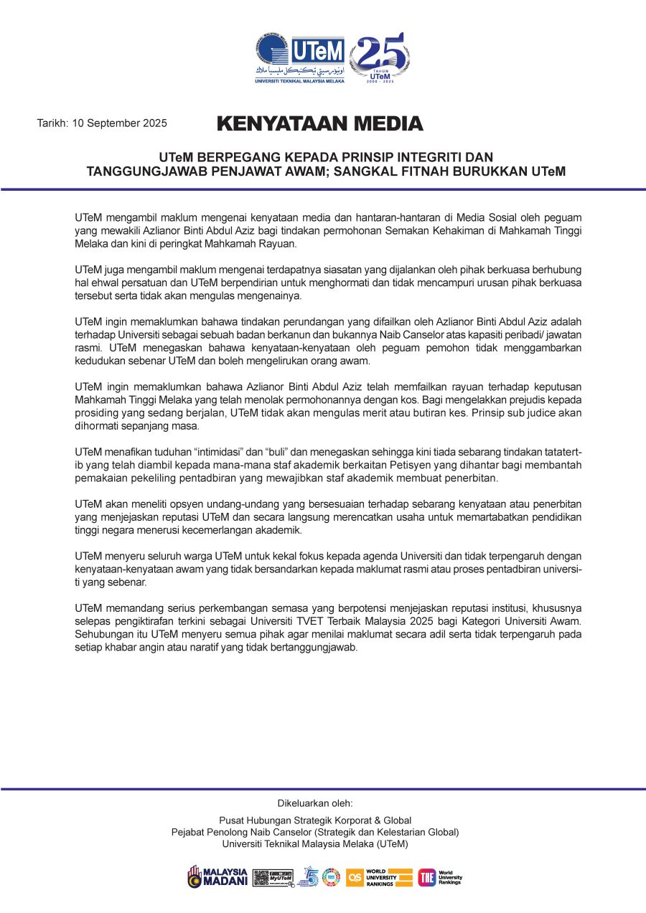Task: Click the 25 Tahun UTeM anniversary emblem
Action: coord(380,58)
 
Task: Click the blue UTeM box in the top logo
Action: coord(317,51)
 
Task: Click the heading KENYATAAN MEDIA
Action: coord(320,123)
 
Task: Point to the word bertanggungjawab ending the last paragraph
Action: coord(317,648)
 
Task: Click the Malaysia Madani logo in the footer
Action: coord(217,876)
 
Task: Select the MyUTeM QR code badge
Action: coord(273,877)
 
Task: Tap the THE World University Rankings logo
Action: coord(440,877)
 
